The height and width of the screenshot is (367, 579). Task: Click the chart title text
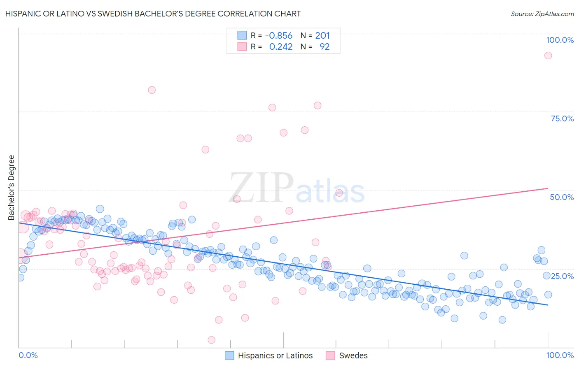coord(153,14)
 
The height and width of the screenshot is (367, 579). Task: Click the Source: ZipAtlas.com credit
coord(542,14)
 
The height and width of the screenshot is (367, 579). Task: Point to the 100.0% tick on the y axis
coord(560,40)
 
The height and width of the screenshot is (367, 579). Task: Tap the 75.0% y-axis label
coord(562,118)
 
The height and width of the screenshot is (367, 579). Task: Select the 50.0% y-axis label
coord(562,197)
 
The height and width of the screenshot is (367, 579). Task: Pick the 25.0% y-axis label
coord(562,276)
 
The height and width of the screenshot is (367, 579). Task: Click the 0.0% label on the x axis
coord(28,355)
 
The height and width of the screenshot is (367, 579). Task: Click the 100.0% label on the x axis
coord(560,355)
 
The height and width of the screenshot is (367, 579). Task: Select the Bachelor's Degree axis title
coord(12,187)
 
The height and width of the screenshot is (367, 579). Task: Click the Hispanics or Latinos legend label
coord(275,355)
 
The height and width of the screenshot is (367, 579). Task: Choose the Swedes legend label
coord(353,355)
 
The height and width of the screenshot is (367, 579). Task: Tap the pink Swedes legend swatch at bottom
coord(330,355)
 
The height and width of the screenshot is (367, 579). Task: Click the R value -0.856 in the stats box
coord(279,36)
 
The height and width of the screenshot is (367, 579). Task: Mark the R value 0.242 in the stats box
coord(280,47)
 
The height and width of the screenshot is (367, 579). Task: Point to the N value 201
coord(322,36)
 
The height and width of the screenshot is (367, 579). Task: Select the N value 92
coord(325,47)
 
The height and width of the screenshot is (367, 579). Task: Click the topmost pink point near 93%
coord(548,56)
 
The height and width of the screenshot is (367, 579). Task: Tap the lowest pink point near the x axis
coord(212,340)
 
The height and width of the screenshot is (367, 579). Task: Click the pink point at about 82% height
coord(152,90)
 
